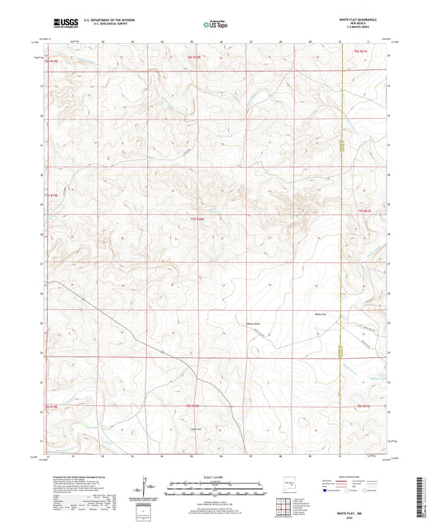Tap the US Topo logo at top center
click(214, 25)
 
